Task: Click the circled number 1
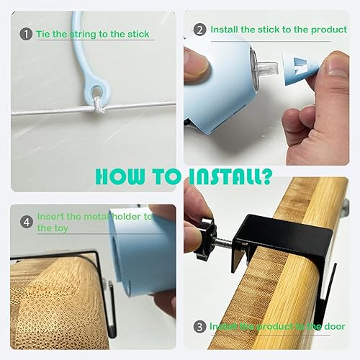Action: click(x=26, y=34)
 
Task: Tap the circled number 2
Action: click(x=199, y=30)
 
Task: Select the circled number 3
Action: click(x=199, y=326)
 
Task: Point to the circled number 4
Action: click(x=25, y=222)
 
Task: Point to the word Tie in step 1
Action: click(x=43, y=34)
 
